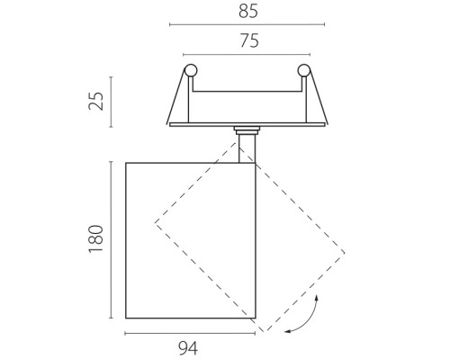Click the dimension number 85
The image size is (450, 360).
click(248, 12)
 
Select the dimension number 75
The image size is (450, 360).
click(249, 40)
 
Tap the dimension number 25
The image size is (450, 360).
click(96, 101)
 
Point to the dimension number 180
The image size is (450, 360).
click(96, 238)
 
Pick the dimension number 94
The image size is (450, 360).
click(188, 348)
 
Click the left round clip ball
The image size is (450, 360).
click(191, 71)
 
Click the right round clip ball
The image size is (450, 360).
click(303, 71)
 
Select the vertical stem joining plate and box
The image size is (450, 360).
click(247, 148)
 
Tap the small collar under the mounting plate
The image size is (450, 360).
click(247, 130)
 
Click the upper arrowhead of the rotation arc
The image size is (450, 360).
click(317, 297)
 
